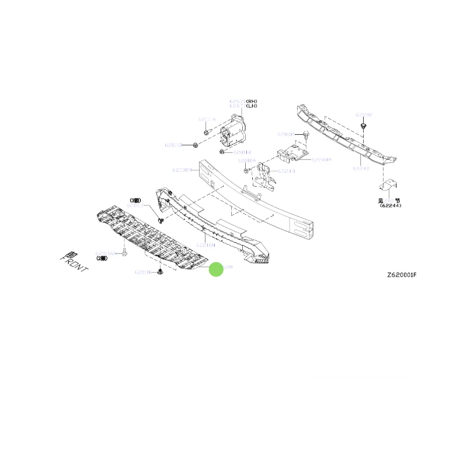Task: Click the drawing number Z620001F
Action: tap(401, 275)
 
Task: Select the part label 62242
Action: tap(361, 168)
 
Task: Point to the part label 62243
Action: tap(287, 171)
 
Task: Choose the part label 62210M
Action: tap(205, 245)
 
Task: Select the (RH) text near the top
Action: tap(251, 102)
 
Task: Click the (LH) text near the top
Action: tap(251, 106)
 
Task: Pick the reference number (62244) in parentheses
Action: tap(390, 205)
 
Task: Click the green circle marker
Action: tap(216, 269)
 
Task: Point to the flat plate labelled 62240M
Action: tap(292, 153)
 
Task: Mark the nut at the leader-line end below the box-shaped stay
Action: tap(222, 152)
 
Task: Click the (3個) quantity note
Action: tap(136, 200)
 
